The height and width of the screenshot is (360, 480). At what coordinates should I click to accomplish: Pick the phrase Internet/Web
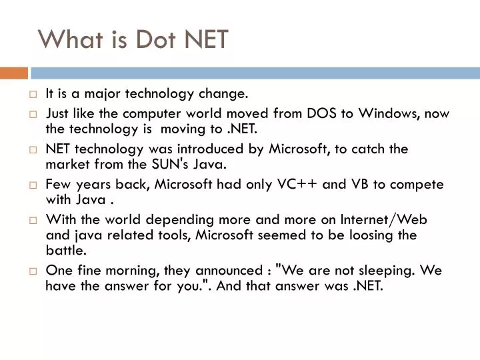pos(389,219)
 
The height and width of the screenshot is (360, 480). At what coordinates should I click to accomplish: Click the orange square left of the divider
pos(13,73)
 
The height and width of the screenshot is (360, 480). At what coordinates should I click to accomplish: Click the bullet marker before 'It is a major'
pos(33,94)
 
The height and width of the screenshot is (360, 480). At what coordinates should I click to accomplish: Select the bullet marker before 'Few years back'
pos(33,185)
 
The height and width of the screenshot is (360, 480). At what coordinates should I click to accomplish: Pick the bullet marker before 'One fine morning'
pos(33,271)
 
